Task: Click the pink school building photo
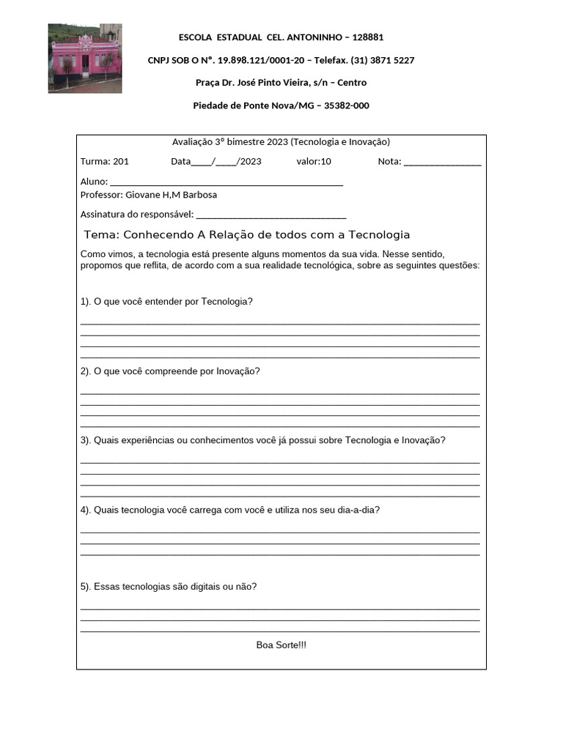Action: pos(85,59)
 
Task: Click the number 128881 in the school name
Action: pos(368,37)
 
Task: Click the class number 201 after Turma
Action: pos(121,162)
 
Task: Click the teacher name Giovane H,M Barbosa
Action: pos(172,195)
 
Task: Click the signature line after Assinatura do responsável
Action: pos(271,216)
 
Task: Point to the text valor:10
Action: pos(314,162)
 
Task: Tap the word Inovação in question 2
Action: pos(238,371)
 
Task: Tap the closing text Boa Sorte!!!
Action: pos(281,645)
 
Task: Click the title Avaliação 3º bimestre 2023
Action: pos(230,142)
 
